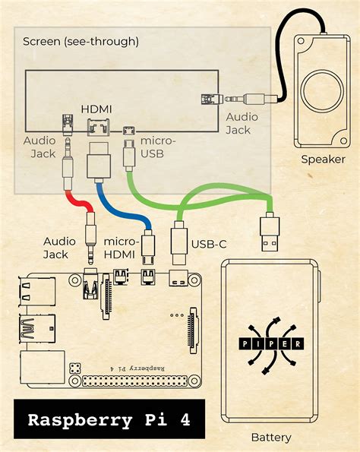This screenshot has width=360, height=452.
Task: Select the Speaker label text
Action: pos(323,160)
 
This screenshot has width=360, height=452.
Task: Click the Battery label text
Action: pos(271,438)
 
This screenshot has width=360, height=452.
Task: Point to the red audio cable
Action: pos(78,200)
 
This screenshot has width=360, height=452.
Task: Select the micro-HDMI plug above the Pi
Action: pos(148,242)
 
